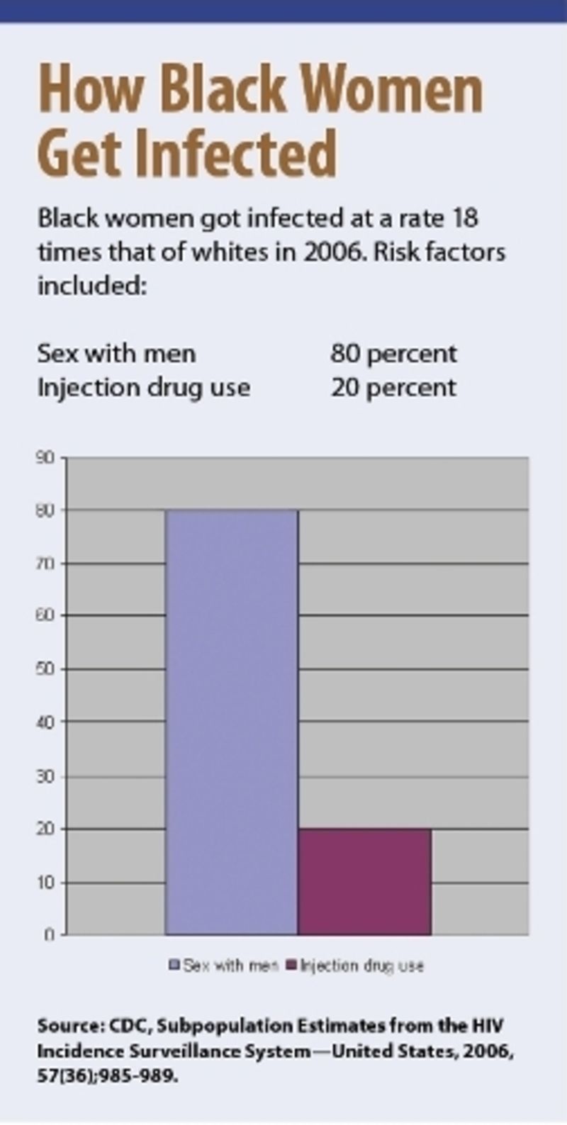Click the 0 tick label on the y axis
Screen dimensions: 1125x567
50,935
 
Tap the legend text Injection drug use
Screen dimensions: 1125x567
362,966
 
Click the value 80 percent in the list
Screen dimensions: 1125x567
393,353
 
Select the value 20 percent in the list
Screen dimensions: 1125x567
393,387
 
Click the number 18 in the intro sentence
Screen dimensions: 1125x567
464,218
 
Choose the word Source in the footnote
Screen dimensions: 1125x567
69,1026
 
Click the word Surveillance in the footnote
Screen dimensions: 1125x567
176,1051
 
